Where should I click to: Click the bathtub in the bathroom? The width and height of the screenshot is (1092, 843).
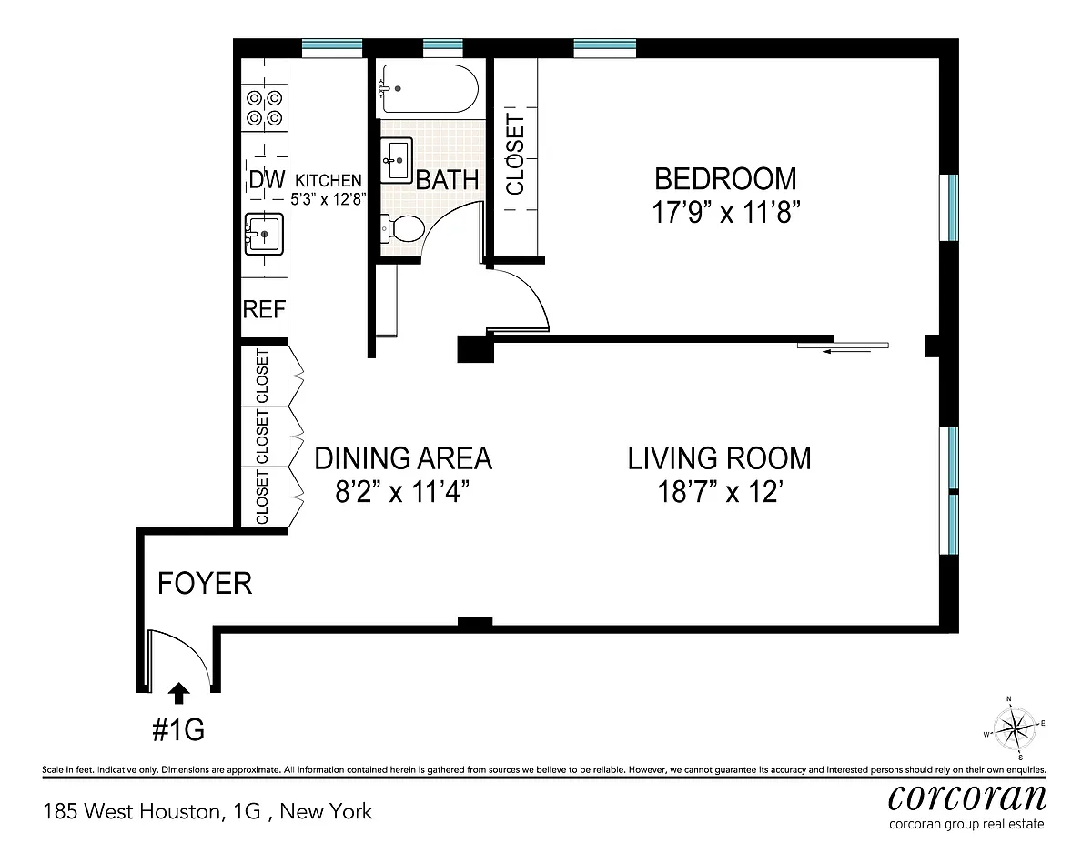point(430,89)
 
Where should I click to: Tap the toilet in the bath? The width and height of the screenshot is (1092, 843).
point(402,228)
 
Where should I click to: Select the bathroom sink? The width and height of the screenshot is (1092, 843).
point(397,160)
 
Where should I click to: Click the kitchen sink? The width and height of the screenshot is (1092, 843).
point(264,234)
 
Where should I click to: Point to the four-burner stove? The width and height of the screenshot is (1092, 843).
point(264,107)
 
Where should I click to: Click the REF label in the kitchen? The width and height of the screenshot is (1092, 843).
point(264,309)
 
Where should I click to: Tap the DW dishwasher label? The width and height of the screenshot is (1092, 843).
point(267,179)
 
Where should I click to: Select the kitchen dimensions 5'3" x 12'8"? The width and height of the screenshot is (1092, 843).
point(329,199)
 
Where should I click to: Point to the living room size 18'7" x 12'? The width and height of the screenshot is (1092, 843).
point(720,492)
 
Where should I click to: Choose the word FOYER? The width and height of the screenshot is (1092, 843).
point(205,584)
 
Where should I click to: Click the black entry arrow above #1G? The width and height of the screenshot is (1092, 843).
point(178,693)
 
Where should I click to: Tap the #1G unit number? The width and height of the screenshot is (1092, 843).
point(178,730)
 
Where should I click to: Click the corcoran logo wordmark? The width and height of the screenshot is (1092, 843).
point(967,798)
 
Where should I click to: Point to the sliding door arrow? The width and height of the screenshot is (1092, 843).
point(846,351)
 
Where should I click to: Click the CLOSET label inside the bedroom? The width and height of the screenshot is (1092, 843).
point(515,154)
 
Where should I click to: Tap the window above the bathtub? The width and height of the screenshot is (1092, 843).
point(443,49)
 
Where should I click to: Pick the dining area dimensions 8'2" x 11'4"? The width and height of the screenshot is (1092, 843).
point(402,492)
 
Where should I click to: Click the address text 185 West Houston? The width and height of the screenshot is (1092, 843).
point(132,812)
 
